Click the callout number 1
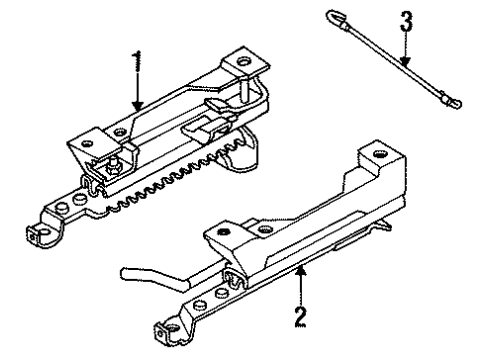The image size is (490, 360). (137, 61)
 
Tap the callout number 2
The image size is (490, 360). (300, 317)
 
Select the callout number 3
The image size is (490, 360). (406, 21)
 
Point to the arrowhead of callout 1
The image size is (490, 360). (137, 105)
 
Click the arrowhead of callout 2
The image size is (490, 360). (301, 271)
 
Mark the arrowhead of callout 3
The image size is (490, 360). (405, 61)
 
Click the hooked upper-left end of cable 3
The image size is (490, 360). (334, 17)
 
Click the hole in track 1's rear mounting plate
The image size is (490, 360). (242, 61)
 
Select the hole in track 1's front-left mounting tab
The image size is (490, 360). (88, 144)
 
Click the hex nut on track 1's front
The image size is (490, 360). (112, 168)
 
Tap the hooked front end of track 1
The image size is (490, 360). (38, 235)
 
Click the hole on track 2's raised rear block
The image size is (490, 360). (379, 154)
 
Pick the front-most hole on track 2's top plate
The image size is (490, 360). (223, 232)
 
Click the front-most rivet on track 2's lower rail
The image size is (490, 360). (198, 305)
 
